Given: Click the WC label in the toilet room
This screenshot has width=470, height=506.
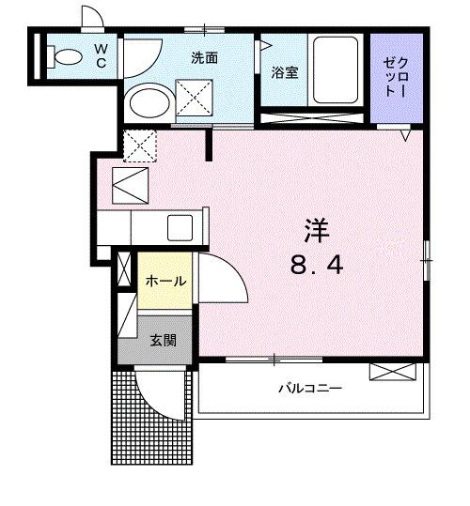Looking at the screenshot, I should pos(101,55).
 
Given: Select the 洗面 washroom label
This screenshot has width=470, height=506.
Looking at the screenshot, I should pos(204,58).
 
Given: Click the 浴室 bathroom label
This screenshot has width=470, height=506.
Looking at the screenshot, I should pos(285,72).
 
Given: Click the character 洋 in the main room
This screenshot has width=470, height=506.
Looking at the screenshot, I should pos(316,230).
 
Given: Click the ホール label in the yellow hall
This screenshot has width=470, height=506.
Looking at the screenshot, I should pos(164,281).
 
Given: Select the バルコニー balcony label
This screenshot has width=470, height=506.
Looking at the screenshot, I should pos(308,388).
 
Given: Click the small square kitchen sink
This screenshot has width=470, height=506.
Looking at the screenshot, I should pos(180,227).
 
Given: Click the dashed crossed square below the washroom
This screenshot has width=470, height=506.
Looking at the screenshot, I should pos(140,145).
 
